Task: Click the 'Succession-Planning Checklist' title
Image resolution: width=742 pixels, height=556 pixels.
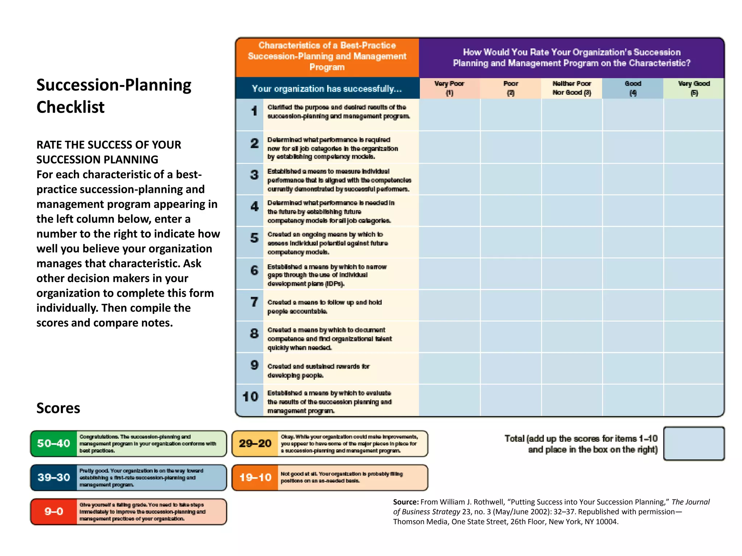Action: point(114,96)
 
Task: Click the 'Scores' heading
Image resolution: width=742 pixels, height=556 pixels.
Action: point(58,408)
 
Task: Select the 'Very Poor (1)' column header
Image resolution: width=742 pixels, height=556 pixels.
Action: point(449,88)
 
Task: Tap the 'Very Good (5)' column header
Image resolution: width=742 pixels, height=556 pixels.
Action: point(693,88)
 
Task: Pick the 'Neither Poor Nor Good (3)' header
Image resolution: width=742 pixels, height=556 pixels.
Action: point(571,88)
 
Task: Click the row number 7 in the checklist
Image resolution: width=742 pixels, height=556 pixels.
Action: point(254,302)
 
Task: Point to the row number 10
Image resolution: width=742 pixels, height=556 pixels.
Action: point(250,397)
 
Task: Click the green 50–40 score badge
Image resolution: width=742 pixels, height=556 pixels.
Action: point(54,443)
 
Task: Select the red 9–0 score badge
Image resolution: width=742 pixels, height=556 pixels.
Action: point(54,511)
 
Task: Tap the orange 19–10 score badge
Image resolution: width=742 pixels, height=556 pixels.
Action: point(255,477)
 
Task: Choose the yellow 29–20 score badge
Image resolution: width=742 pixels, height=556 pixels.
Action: point(255,443)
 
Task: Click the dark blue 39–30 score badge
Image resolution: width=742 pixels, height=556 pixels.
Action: point(54,477)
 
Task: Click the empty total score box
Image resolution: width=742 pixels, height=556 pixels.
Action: point(693,443)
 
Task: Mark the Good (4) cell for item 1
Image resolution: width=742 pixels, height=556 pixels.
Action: point(633,115)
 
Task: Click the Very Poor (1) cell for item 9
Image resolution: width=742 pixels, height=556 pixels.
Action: point(449,368)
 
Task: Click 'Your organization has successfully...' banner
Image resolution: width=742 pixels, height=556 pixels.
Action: point(327,89)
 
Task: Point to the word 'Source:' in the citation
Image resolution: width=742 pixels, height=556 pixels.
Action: point(405,502)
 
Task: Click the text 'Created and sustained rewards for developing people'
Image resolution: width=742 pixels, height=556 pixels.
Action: point(318,371)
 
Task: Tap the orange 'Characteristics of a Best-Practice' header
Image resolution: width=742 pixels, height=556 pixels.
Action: point(327,56)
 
